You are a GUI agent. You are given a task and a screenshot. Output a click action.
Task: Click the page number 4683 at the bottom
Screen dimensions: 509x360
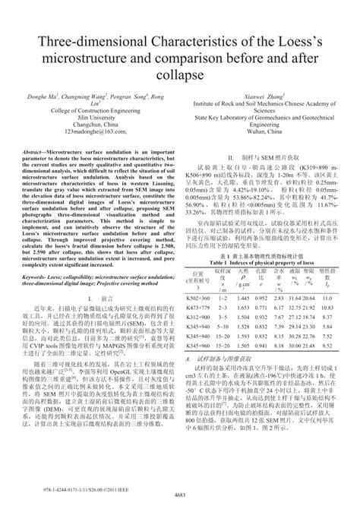[180, 496]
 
